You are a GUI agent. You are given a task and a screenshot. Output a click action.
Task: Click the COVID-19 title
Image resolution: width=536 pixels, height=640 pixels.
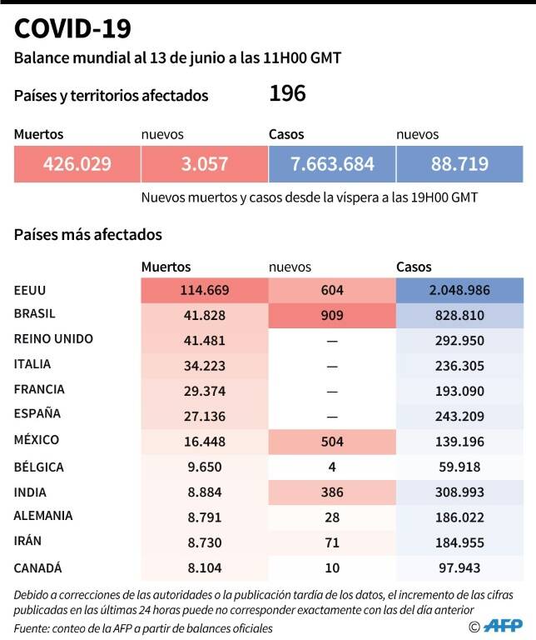[x=72, y=28]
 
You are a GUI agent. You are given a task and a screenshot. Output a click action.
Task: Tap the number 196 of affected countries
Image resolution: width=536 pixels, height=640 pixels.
[x=287, y=93]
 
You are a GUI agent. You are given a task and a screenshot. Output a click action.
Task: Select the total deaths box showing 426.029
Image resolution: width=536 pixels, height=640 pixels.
[x=77, y=164]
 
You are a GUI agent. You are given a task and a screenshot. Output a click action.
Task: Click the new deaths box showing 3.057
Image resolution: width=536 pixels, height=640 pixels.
[x=204, y=164]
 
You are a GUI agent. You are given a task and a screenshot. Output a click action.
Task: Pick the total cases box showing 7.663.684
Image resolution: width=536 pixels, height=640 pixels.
[x=332, y=164]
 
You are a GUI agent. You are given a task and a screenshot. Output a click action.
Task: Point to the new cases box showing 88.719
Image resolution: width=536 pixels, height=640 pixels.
[x=459, y=164]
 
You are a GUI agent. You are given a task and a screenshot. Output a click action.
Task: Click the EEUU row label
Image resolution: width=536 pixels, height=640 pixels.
[x=30, y=290]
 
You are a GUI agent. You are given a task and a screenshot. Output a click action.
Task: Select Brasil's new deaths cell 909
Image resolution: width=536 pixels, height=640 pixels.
[x=332, y=316]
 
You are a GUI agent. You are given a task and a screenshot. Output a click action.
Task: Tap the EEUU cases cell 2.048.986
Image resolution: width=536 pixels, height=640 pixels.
[x=459, y=290]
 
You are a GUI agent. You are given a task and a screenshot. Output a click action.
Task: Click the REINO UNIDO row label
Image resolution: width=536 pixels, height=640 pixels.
[x=53, y=339]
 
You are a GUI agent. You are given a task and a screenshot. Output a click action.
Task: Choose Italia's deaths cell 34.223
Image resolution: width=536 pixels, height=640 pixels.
[x=205, y=366]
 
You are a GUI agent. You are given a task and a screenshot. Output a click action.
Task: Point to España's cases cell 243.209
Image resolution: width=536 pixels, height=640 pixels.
[x=459, y=417]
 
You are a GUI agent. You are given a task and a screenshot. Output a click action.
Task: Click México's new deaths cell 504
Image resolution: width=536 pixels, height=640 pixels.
[x=332, y=442]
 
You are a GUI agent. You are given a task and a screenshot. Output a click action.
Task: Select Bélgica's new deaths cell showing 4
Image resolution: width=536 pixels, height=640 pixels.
[x=332, y=467]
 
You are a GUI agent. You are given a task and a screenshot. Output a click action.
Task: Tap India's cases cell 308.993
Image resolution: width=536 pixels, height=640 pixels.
[x=459, y=492]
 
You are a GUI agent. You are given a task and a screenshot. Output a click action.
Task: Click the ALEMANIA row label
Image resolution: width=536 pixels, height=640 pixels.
[x=43, y=516]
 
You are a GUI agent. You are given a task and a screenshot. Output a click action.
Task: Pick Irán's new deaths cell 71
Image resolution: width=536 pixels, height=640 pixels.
[x=332, y=542]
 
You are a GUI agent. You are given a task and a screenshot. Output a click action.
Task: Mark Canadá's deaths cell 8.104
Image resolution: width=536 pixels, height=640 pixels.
[x=205, y=568]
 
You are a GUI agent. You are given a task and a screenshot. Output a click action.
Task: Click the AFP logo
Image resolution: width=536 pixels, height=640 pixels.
[x=503, y=625]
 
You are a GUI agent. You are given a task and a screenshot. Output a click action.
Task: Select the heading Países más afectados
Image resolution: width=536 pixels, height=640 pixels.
[x=88, y=235]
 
